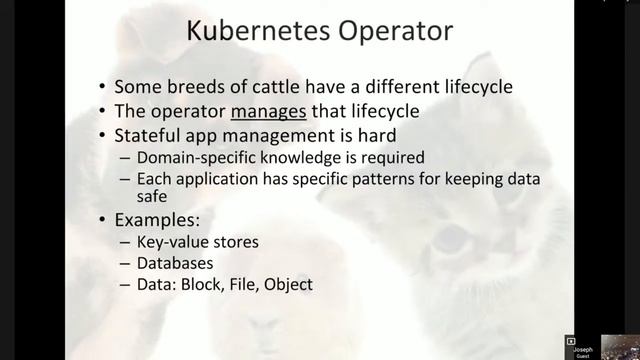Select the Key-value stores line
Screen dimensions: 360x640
196,241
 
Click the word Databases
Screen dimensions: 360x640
175,263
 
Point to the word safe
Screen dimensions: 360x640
153,196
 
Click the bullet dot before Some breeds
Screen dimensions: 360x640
103,88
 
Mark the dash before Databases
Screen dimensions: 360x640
125,263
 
